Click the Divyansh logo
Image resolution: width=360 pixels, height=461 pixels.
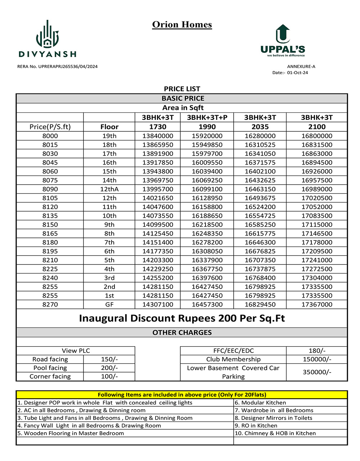tap(47, 39)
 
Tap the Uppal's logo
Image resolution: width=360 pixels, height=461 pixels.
tap(283, 41)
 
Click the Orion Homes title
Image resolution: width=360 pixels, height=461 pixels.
tap(182, 24)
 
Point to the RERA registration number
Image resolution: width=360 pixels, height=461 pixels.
tap(57, 67)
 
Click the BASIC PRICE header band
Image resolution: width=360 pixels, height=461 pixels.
tap(183, 98)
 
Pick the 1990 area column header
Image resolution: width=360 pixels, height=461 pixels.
tap(207, 127)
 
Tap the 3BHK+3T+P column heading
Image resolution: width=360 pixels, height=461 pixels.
tap(207, 117)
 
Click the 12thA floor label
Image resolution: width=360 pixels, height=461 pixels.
tap(109, 189)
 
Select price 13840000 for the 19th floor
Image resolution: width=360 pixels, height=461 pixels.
tap(158, 136)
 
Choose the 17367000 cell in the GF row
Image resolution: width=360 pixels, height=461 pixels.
tap(317, 304)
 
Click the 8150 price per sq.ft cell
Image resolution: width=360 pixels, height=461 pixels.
tap(50, 225)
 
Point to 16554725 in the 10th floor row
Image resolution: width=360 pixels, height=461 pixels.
tap(260, 216)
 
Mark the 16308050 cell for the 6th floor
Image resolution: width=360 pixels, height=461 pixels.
tap(207, 251)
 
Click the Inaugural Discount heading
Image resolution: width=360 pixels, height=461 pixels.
tap(182, 318)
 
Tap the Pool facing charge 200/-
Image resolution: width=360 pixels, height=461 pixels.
tap(109, 368)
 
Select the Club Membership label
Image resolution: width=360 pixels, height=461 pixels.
tap(233, 359)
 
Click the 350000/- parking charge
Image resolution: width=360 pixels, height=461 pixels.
tap(317, 372)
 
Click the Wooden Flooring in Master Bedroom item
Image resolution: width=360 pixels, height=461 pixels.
tap(71, 433)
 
